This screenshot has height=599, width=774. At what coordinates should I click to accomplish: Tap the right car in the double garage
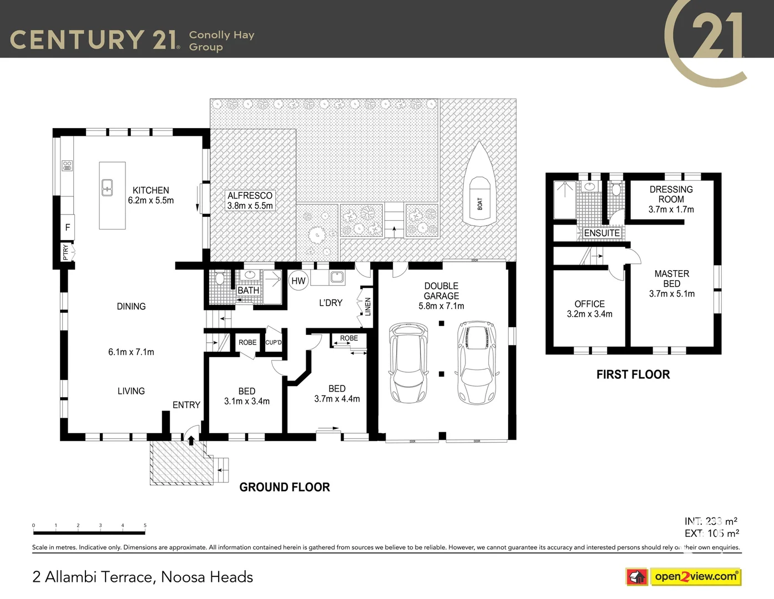(477, 363)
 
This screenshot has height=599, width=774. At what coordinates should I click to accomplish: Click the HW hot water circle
(299, 281)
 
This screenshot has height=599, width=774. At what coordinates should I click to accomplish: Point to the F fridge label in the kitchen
(68, 227)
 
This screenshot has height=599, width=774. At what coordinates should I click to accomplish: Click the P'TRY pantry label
(66, 253)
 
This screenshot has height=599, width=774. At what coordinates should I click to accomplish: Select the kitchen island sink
(108, 188)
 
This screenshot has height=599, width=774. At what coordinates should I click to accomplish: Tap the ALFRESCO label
(250, 195)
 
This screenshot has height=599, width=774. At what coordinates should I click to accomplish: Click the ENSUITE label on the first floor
(601, 233)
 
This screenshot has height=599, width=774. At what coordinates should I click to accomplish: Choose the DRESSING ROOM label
(671, 194)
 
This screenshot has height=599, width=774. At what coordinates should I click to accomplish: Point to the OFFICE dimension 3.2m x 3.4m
(589, 314)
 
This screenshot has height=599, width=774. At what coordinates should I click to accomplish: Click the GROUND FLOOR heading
(285, 487)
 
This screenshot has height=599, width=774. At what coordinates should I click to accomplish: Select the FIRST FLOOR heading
(633, 374)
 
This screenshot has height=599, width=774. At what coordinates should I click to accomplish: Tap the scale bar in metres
(89, 532)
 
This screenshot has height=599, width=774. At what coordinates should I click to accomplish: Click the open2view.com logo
(695, 576)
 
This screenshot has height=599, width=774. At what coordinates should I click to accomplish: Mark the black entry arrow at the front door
(191, 440)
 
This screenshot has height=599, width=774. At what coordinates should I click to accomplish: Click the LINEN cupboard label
(367, 307)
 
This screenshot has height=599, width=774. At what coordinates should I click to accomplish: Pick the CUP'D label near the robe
(273, 342)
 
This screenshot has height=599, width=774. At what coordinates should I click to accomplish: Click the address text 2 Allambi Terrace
(143, 577)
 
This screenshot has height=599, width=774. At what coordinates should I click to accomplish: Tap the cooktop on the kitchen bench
(67, 165)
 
